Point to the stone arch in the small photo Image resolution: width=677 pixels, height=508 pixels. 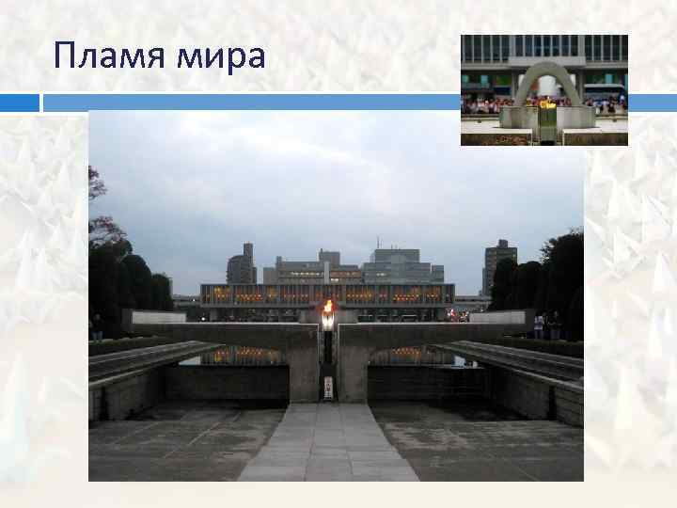tap(548, 83)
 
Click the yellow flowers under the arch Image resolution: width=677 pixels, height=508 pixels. tap(546, 104)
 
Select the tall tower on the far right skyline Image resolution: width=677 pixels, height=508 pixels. tap(498, 265)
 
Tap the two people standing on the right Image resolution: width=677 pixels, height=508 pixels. tap(545, 325)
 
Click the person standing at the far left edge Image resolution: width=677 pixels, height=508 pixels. tap(96, 326)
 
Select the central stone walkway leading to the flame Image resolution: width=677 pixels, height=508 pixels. tap(327, 442)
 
